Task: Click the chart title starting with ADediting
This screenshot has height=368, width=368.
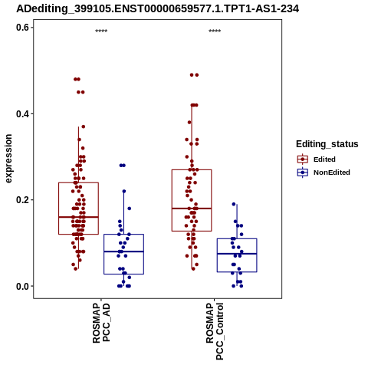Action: [157, 8]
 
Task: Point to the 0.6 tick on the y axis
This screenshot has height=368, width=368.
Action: [22, 28]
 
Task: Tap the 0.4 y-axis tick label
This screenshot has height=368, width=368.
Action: [22, 113]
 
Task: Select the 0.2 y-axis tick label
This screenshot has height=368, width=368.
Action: [22, 200]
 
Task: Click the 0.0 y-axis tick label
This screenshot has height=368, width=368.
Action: [22, 286]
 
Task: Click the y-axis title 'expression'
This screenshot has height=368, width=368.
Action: [8, 159]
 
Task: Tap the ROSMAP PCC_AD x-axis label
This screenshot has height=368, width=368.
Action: [101, 323]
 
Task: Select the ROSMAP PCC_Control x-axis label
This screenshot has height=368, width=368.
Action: [215, 331]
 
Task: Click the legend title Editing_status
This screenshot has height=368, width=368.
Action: [327, 144]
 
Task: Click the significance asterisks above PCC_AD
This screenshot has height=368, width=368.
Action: [101, 31]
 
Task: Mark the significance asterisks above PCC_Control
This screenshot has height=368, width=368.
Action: [215, 31]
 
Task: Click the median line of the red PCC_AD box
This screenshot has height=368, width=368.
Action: [78, 217]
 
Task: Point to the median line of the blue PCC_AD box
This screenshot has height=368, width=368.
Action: [123, 251]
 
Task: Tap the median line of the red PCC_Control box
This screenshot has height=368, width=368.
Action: [192, 209]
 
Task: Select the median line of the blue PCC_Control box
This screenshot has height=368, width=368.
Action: [237, 254]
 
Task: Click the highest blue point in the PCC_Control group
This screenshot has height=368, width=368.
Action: [234, 204]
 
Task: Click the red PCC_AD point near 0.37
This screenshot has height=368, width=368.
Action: [84, 127]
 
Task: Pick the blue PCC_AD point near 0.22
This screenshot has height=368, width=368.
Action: [124, 191]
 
